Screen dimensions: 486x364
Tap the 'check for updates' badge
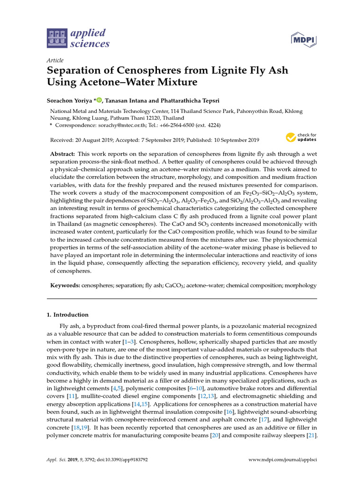tap(301, 138)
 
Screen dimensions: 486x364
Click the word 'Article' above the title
tap(55, 60)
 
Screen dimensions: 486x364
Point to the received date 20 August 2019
tap(93, 140)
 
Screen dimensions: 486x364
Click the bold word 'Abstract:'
tap(63, 155)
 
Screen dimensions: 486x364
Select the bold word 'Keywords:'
tap(65, 286)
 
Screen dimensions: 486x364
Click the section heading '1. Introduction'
tap(67, 315)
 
